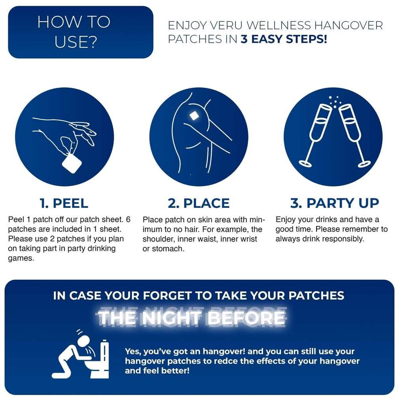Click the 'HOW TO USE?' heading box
tap(80, 32)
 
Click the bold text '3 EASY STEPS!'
tap(284, 40)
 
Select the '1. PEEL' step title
tap(64, 203)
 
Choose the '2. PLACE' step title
tap(198, 203)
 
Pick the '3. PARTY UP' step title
tap(334, 203)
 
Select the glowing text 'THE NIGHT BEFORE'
tap(191, 317)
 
